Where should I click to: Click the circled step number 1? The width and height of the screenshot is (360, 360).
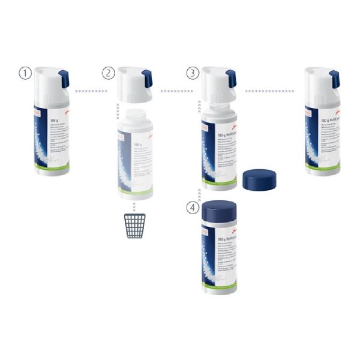25,73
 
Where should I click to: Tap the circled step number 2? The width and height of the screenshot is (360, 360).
108,73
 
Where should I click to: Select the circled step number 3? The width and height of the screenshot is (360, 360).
192,73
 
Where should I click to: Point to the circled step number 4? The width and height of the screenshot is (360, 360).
192,208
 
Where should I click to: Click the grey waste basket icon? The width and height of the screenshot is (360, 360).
135,225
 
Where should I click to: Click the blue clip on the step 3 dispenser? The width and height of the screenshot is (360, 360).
231,79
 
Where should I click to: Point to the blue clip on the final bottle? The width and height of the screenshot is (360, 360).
334,79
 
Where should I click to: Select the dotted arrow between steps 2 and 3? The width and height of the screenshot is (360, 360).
173,91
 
